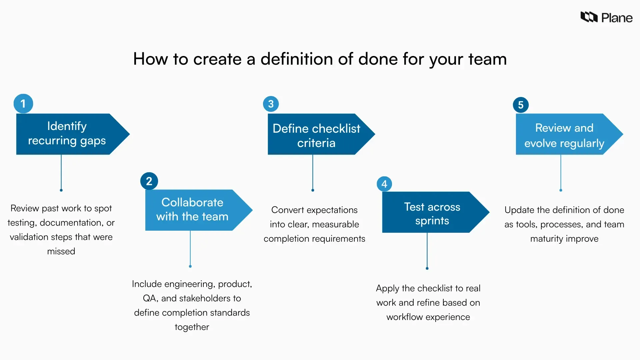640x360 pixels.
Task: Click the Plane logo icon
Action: tap(589, 17)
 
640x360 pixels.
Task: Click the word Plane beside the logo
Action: tap(617, 18)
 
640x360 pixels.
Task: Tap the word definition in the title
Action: tap(296, 59)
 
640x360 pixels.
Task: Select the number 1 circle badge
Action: tap(23, 104)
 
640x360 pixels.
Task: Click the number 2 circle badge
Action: tap(149, 181)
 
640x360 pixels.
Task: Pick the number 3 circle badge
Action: tap(271, 104)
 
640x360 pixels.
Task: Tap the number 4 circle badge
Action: tap(384, 184)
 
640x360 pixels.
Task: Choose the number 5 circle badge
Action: tap(521, 105)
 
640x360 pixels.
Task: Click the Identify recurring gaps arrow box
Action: tap(67, 134)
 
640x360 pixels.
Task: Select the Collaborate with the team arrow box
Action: tap(192, 210)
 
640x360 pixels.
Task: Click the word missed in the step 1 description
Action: tap(61, 251)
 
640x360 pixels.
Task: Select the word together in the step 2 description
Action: tap(192, 327)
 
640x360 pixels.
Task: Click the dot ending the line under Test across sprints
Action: tap(427, 268)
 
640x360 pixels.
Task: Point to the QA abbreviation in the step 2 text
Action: tap(149, 298)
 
